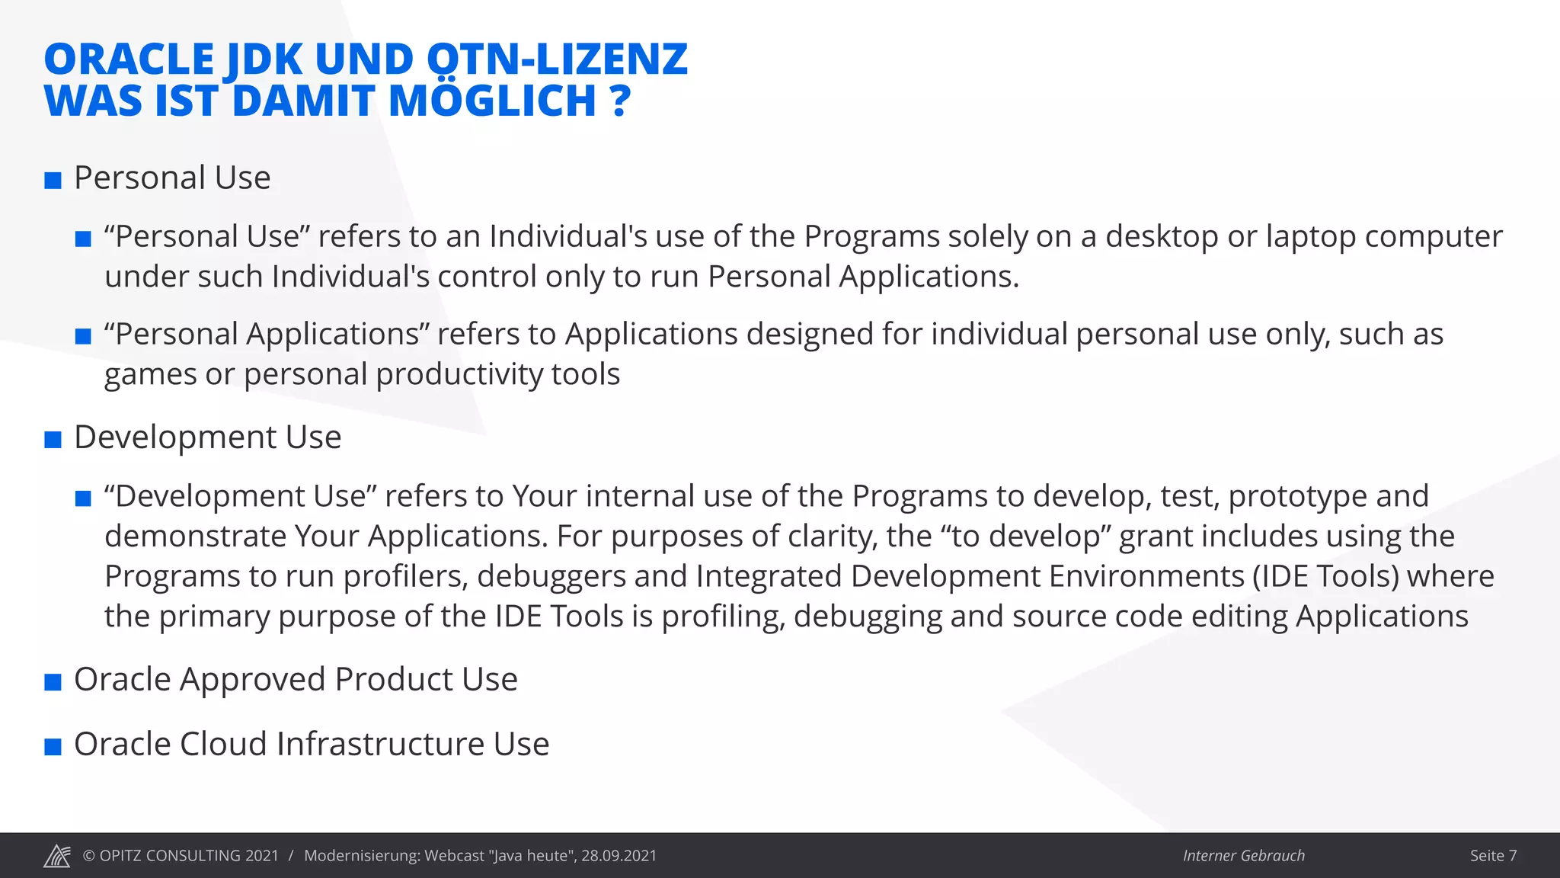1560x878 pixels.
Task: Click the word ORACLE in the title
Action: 129,59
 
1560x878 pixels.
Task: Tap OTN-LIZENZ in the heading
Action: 557,59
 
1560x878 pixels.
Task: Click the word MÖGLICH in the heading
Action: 492,101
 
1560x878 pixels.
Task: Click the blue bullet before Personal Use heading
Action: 53,181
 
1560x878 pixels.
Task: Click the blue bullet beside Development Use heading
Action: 53,440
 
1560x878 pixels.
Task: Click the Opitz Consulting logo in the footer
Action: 57,856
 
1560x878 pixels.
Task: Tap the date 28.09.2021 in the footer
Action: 619,856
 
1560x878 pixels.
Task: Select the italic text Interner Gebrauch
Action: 1243,856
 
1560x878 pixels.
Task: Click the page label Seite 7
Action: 1493,856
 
